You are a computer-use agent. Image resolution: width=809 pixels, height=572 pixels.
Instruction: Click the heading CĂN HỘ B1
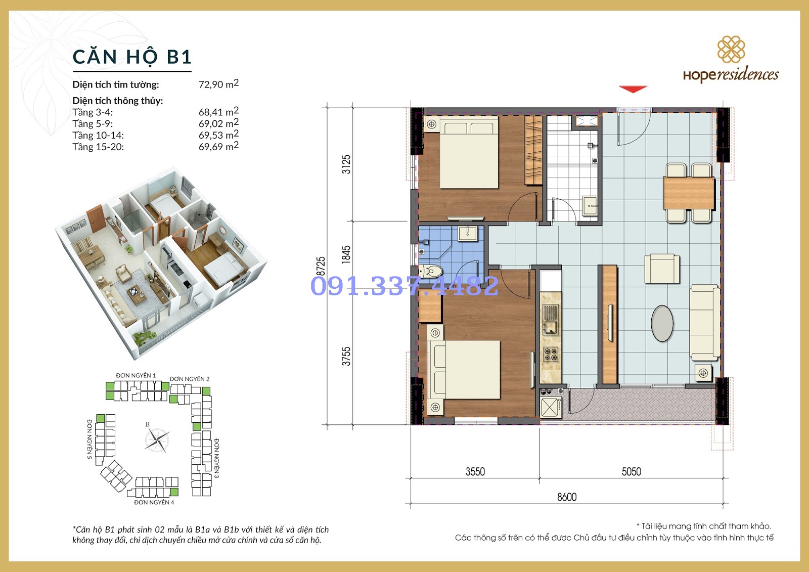pyautogui.click(x=132, y=57)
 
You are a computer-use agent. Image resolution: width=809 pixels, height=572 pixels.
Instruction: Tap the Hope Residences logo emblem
pyautogui.click(x=731, y=50)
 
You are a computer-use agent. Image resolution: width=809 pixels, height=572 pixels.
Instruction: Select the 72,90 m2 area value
pyautogui.click(x=218, y=84)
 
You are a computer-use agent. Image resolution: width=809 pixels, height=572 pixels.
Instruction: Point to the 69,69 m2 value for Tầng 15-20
pyautogui.click(x=218, y=146)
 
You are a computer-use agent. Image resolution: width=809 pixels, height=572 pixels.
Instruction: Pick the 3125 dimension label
pyautogui.click(x=346, y=164)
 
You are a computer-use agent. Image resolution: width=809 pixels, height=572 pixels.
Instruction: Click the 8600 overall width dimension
pyautogui.click(x=567, y=497)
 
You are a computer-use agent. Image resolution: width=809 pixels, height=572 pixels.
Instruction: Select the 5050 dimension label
pyautogui.click(x=632, y=471)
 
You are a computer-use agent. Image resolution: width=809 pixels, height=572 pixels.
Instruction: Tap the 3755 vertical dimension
pyautogui.click(x=346, y=356)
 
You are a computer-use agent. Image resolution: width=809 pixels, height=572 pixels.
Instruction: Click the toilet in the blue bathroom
pyautogui.click(x=430, y=270)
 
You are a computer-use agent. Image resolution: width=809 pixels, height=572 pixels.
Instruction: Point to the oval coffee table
pyautogui.click(x=662, y=323)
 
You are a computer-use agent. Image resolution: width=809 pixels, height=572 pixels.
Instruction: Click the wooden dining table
pyautogui.click(x=689, y=193)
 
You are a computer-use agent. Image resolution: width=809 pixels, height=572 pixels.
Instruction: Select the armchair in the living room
pyautogui.click(x=662, y=268)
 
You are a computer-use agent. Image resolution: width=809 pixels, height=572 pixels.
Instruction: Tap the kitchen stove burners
pyautogui.click(x=551, y=354)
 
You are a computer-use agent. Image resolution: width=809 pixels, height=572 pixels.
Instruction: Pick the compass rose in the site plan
pyautogui.click(x=157, y=440)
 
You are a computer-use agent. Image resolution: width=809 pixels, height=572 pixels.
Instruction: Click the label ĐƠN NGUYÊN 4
pyautogui.click(x=154, y=502)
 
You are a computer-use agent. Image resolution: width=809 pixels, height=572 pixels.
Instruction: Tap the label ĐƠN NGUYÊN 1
pyautogui.click(x=136, y=375)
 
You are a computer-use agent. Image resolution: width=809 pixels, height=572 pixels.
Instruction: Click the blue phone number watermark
pyautogui.click(x=404, y=286)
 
